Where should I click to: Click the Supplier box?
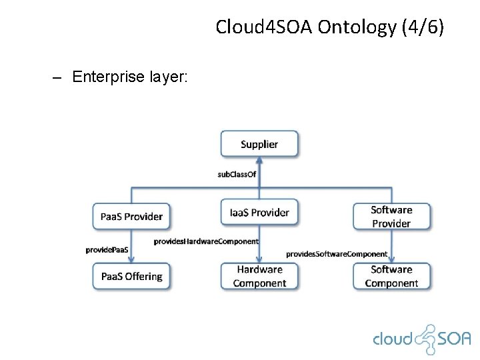click(x=259, y=144)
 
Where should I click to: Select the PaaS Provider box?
click(x=131, y=216)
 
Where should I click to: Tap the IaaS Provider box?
click(x=259, y=213)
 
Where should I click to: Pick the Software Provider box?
click(x=391, y=216)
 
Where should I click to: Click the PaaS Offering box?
click(x=131, y=276)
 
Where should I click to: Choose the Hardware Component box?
click(x=259, y=276)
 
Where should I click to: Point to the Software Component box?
click(x=391, y=276)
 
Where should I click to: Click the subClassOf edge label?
click(x=237, y=175)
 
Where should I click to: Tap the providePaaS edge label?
click(x=107, y=249)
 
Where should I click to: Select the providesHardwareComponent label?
click(x=206, y=241)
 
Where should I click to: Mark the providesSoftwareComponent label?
click(x=337, y=254)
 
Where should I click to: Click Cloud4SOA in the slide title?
click(x=264, y=28)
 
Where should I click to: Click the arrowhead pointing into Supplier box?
click(x=259, y=161)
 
